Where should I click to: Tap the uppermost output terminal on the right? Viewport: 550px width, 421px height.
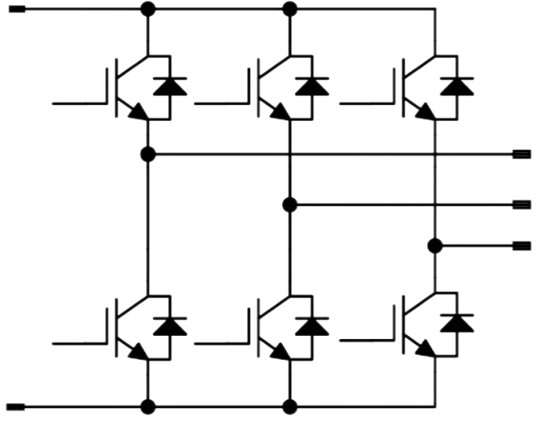point(522,154)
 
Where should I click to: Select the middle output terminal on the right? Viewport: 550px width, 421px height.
point(522,205)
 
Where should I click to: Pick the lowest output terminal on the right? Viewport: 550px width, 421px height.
point(522,245)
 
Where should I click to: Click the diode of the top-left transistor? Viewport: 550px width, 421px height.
point(170,86)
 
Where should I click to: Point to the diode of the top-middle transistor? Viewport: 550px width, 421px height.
point(312,86)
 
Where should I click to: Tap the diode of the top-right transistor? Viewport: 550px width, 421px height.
point(457,86)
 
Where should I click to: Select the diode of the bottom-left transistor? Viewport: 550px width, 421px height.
point(170,325)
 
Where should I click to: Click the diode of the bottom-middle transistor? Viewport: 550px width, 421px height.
point(312,325)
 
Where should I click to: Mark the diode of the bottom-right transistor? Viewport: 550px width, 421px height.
point(457,325)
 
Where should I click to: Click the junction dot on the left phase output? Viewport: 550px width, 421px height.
point(147,154)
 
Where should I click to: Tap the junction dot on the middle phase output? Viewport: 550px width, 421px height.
point(290,205)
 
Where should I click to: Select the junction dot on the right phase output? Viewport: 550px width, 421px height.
point(434,245)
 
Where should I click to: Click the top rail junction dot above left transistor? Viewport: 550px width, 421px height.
point(147,10)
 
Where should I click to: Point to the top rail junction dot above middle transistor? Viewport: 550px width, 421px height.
point(290,10)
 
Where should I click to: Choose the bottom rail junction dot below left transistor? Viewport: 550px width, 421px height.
point(147,406)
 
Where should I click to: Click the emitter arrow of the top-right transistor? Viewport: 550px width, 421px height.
point(427,112)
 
